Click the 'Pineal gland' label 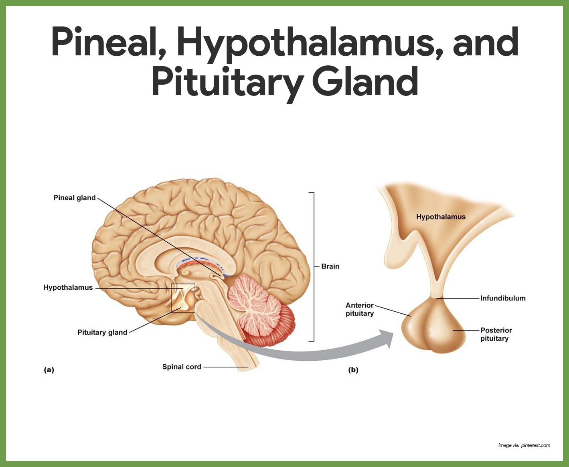(75, 198)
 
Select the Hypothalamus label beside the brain (68, 288)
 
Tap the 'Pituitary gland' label (102, 332)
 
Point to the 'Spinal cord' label (182, 367)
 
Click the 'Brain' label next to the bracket (330, 266)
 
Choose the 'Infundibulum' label (503, 298)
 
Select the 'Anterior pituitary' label (360, 309)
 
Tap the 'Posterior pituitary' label (496, 334)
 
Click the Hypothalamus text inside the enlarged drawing (441, 217)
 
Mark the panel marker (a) (49, 370)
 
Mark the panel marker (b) (353, 370)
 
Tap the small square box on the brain (183, 298)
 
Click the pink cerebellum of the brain (257, 305)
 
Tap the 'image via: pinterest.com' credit (524, 445)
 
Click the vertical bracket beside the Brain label (313, 267)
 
